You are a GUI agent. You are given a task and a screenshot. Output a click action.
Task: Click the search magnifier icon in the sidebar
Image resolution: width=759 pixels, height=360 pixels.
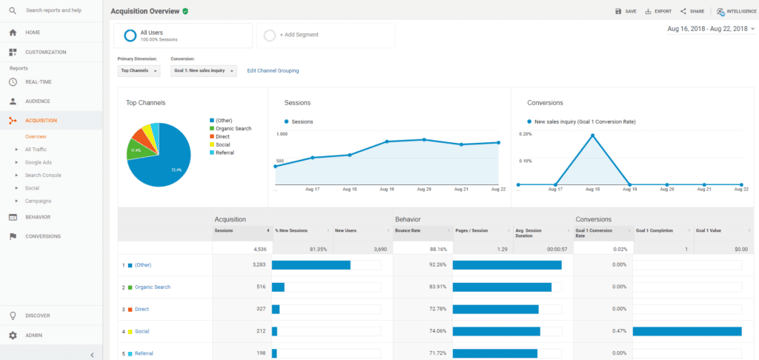13,10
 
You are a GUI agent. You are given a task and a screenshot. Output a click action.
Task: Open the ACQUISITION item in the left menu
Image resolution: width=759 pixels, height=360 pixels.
41,120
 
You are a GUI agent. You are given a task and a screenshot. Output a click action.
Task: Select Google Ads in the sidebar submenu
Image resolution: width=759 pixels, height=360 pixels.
38,162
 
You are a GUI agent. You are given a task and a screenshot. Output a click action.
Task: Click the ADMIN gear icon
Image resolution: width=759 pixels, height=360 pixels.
13,335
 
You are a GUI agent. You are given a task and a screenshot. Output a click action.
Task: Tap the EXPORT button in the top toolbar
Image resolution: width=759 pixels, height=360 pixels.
658,11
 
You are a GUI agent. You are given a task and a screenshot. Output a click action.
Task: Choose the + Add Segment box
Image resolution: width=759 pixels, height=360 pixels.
325,36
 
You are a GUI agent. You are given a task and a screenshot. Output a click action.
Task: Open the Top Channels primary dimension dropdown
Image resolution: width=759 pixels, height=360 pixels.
139,71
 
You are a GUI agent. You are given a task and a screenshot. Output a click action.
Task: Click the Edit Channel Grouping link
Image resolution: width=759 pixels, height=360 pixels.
273,71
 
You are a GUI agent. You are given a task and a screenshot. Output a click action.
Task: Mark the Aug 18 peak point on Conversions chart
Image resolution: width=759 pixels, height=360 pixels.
592,136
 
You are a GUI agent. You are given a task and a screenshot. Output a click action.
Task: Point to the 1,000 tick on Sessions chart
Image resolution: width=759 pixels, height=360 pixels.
282,134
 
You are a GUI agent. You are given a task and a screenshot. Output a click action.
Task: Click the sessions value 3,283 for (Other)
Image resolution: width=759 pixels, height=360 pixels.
255,264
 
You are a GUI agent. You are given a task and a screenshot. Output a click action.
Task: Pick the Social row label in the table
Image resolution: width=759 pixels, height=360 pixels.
142,331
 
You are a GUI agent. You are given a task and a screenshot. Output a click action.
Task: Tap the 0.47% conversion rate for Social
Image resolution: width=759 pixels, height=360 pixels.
619,331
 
